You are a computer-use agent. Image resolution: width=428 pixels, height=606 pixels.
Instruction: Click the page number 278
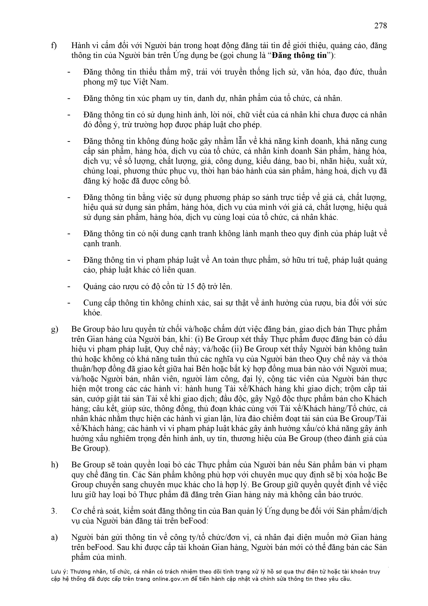click(x=380, y=26)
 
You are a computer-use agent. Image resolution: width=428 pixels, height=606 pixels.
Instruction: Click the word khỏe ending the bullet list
click(x=92, y=313)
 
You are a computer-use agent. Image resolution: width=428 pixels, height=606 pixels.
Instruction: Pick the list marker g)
click(x=54, y=329)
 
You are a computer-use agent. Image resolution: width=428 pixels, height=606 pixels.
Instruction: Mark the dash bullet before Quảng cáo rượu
click(x=69, y=286)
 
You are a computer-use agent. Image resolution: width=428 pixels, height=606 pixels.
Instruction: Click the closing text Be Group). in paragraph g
click(x=90, y=448)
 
